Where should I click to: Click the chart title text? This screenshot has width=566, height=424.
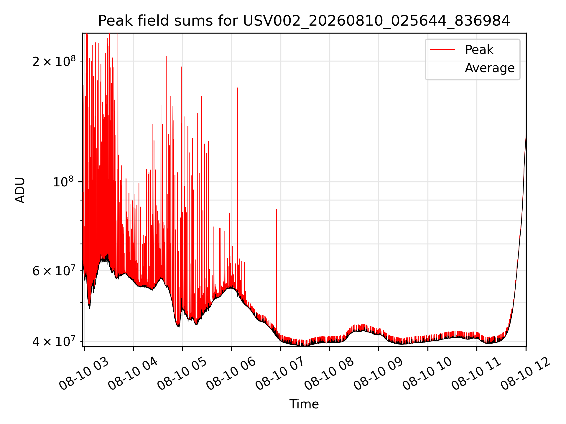pyautogui.click(x=304, y=21)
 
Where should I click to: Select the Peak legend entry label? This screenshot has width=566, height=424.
pyautogui.click(x=479, y=49)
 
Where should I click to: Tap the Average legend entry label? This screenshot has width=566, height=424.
pyautogui.click(x=490, y=68)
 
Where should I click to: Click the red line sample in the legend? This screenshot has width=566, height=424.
pyautogui.click(x=442, y=49)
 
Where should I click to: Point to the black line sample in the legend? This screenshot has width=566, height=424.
pyautogui.click(x=442, y=68)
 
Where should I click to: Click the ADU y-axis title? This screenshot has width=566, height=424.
pyautogui.click(x=20, y=190)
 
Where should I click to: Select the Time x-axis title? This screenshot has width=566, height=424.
pyautogui.click(x=304, y=404)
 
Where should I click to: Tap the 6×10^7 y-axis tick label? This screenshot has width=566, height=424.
pyautogui.click(x=54, y=271)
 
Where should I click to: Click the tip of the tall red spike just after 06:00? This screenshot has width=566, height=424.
pyautogui.click(x=237, y=88)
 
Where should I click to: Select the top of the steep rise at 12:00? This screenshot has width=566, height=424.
pyautogui.click(x=526, y=134)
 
